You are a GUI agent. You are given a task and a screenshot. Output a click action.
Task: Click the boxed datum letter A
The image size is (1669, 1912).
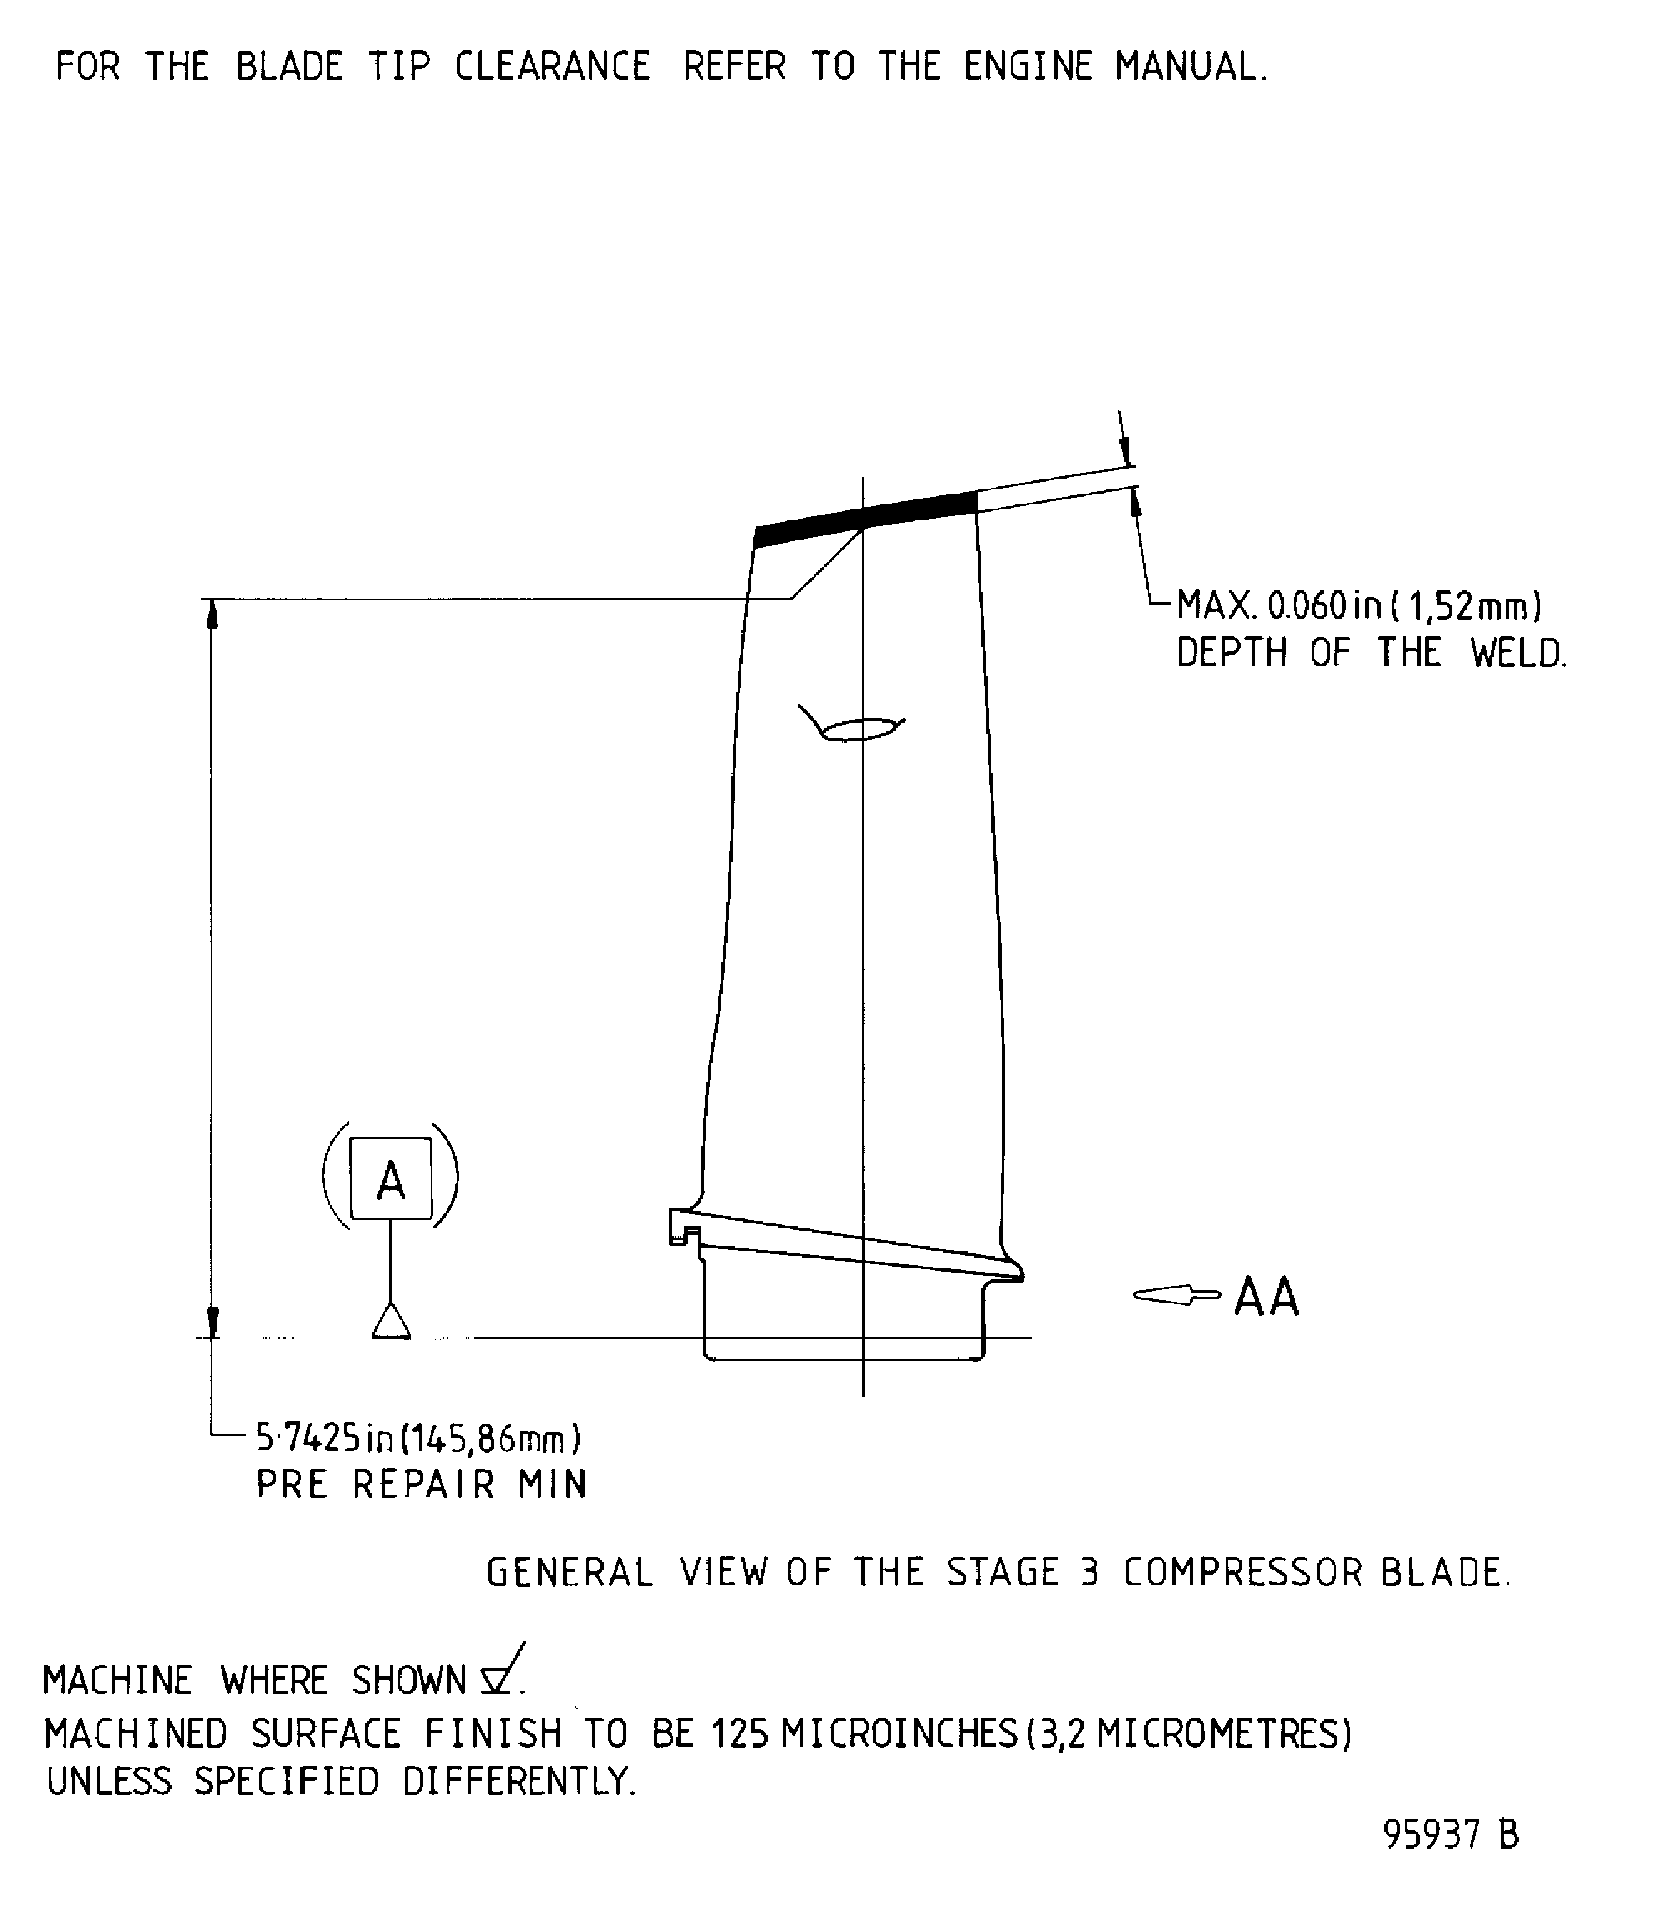pos(390,1180)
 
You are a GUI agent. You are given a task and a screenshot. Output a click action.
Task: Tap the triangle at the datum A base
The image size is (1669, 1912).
pos(391,1322)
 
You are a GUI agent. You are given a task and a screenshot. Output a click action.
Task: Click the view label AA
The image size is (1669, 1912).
pos(1266,1297)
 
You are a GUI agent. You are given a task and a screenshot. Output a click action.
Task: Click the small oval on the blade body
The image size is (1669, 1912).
pos(858,729)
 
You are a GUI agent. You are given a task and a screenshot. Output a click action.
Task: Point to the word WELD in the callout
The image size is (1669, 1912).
pos(1518,654)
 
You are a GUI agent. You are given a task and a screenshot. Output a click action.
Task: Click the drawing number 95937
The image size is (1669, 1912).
pos(1431,1836)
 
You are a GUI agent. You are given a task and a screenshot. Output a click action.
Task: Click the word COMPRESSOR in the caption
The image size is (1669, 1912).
pos(1244,1573)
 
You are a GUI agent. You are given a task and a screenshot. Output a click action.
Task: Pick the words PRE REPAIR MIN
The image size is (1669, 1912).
pos(421,1485)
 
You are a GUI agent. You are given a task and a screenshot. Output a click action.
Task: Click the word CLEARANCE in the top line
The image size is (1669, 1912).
pos(552,67)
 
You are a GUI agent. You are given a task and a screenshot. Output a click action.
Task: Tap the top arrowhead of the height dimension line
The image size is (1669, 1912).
pos(212,615)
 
